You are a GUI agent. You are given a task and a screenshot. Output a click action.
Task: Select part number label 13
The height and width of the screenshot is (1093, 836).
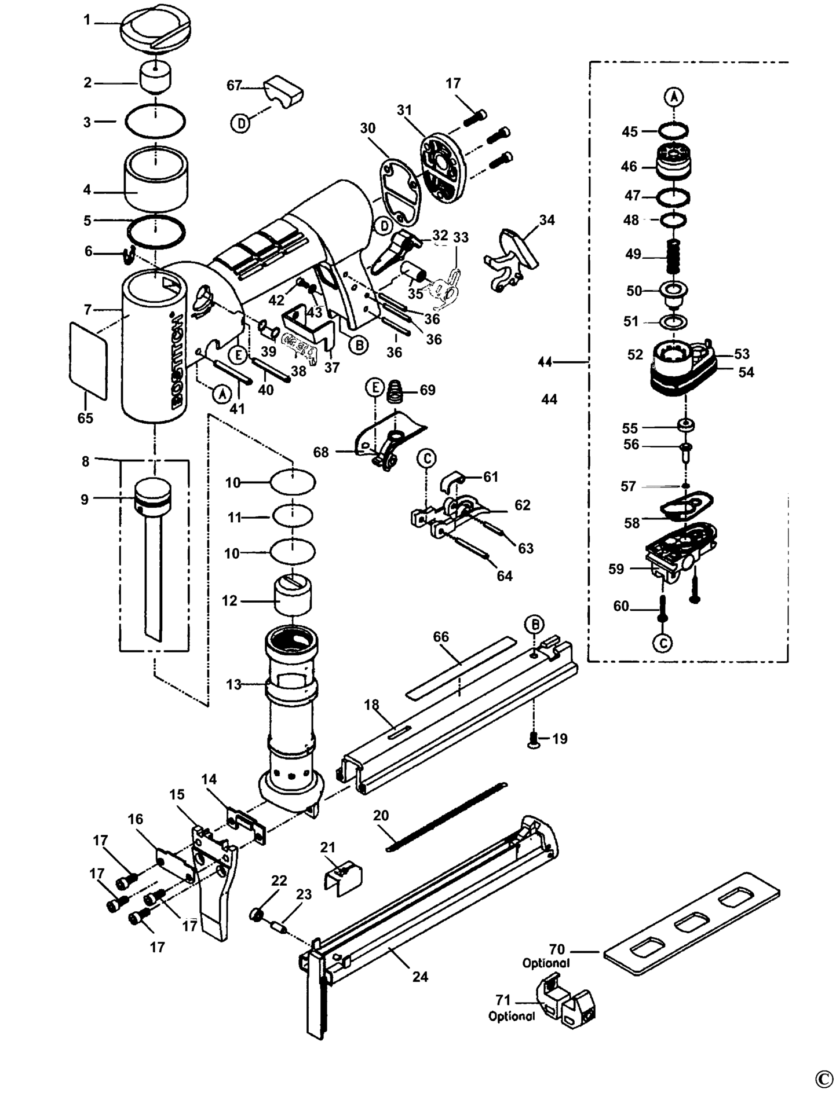(233, 684)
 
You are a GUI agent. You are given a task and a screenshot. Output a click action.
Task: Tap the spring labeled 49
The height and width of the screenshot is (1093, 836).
(673, 256)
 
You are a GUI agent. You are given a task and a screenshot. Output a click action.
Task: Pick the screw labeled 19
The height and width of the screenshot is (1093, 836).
(534, 739)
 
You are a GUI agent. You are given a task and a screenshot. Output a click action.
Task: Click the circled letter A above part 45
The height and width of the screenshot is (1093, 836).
(674, 97)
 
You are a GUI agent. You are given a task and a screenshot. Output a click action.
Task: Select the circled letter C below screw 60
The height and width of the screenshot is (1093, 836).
(663, 643)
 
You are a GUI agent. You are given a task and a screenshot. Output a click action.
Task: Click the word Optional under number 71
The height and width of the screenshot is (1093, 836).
(512, 1016)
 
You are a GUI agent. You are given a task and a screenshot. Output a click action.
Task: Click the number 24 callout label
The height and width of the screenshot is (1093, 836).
(420, 977)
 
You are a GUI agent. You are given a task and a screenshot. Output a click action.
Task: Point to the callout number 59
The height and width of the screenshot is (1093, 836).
(616, 569)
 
